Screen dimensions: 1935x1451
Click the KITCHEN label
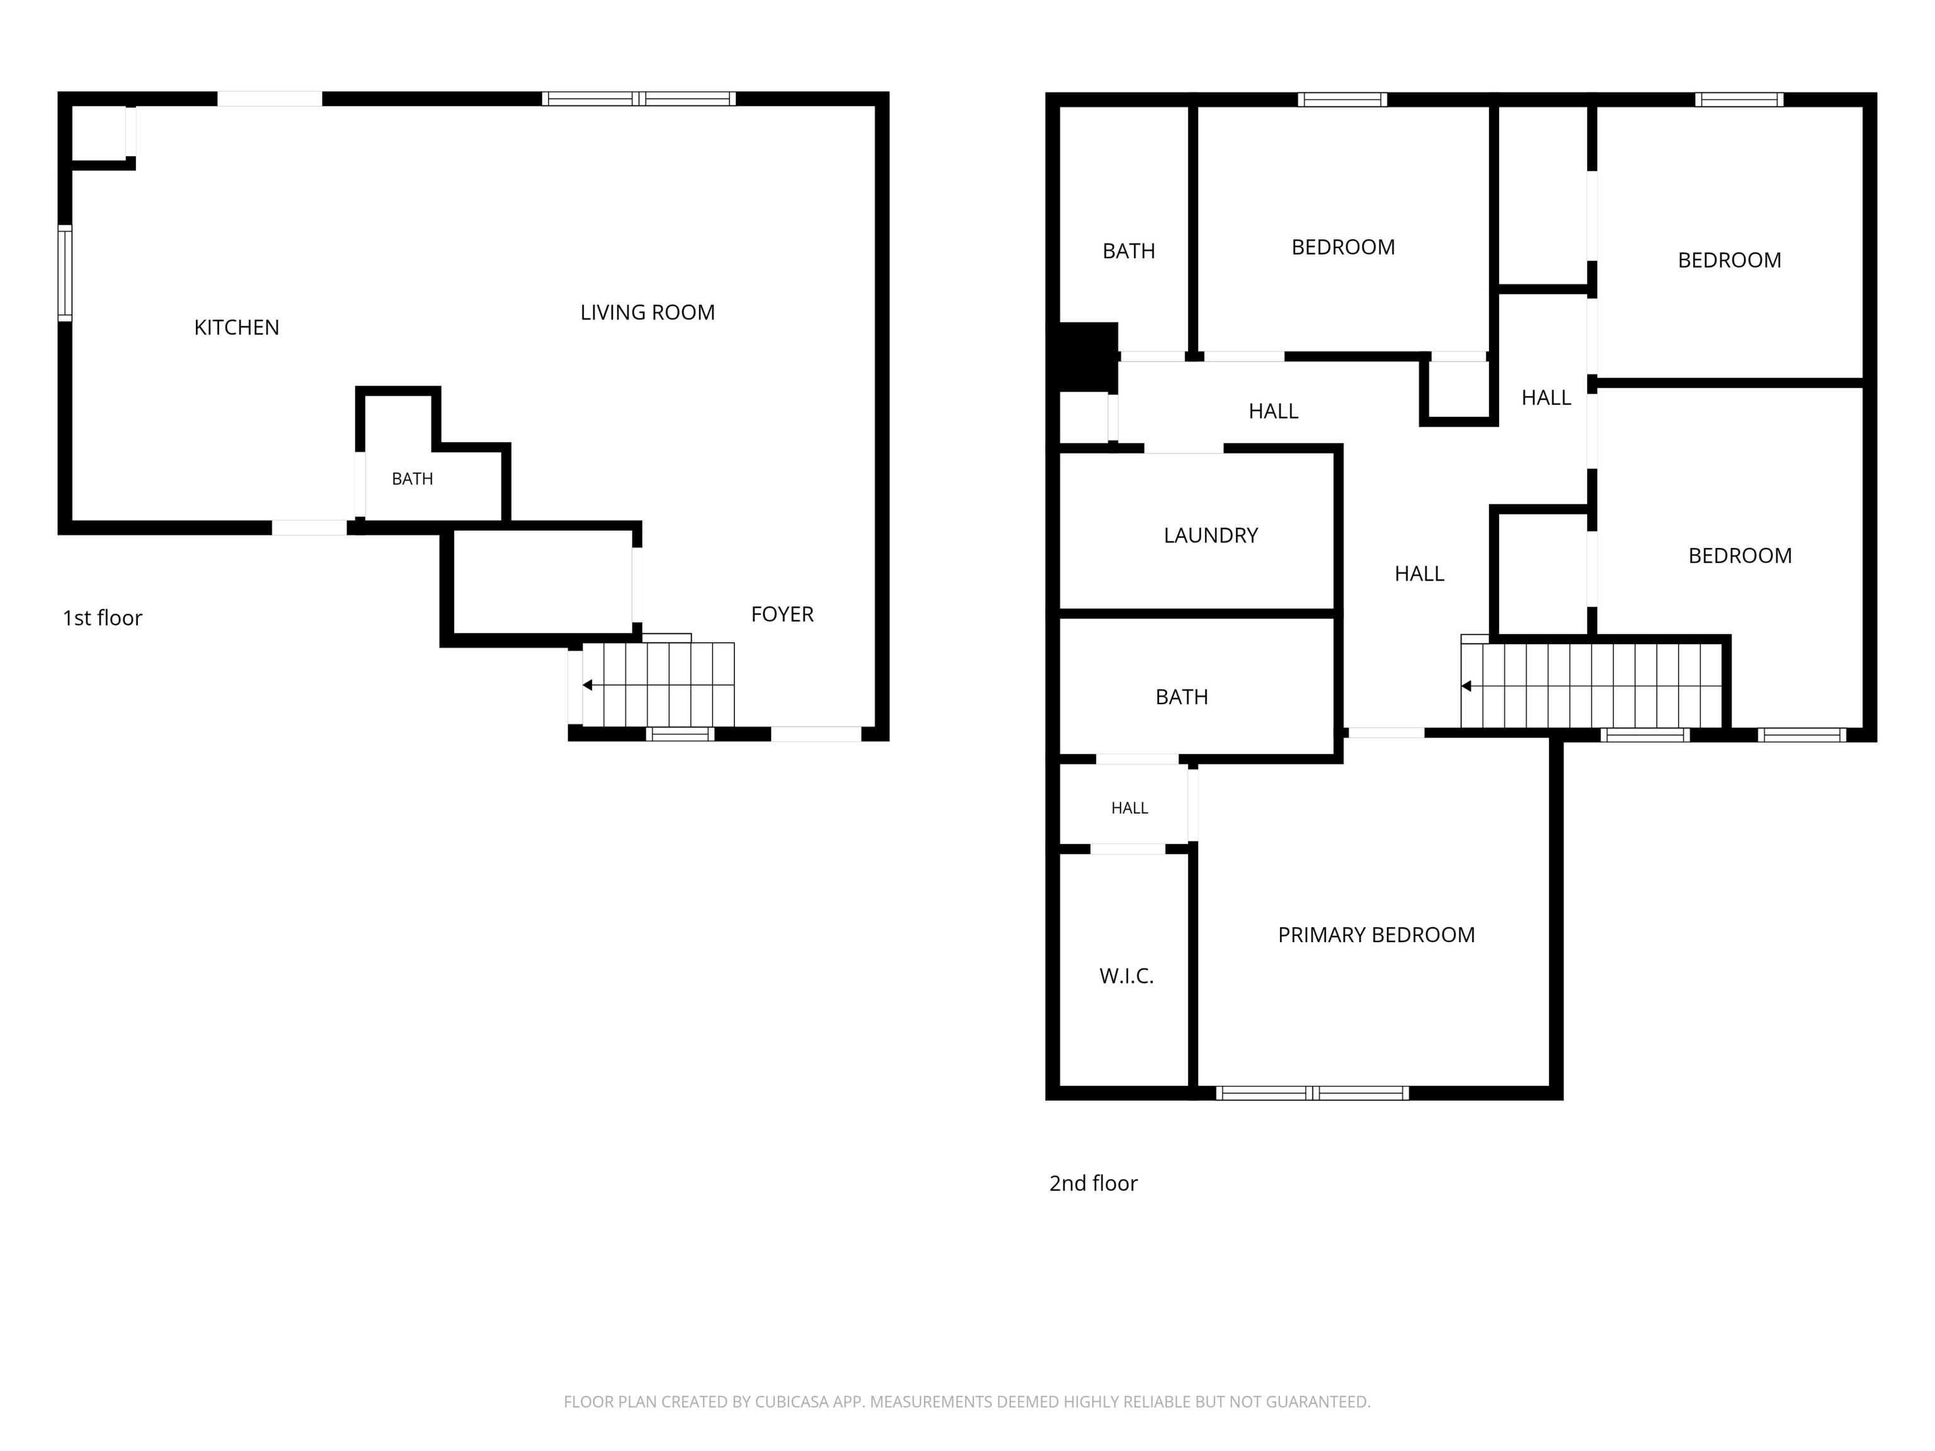pos(236,327)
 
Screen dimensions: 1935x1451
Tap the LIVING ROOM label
pos(648,312)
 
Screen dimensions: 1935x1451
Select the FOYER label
pos(782,614)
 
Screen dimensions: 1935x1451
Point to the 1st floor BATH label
pos(412,479)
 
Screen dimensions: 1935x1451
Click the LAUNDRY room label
pos(1211,535)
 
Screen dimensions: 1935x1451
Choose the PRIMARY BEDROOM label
pos(1376,935)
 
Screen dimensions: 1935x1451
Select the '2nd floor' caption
pos(1093,1183)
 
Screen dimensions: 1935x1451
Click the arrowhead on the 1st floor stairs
pos(587,685)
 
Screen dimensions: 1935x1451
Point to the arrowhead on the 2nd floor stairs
pos(1466,686)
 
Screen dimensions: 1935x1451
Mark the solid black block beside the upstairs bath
pos(1088,357)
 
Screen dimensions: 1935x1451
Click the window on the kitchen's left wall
pos(65,273)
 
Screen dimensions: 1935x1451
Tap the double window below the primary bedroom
pos(1312,1093)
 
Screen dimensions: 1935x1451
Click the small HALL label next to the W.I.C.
pos(1129,808)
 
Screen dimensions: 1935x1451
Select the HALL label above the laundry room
pos(1273,411)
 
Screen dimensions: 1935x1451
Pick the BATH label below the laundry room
pos(1181,697)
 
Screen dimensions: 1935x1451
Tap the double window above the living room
pos(639,99)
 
